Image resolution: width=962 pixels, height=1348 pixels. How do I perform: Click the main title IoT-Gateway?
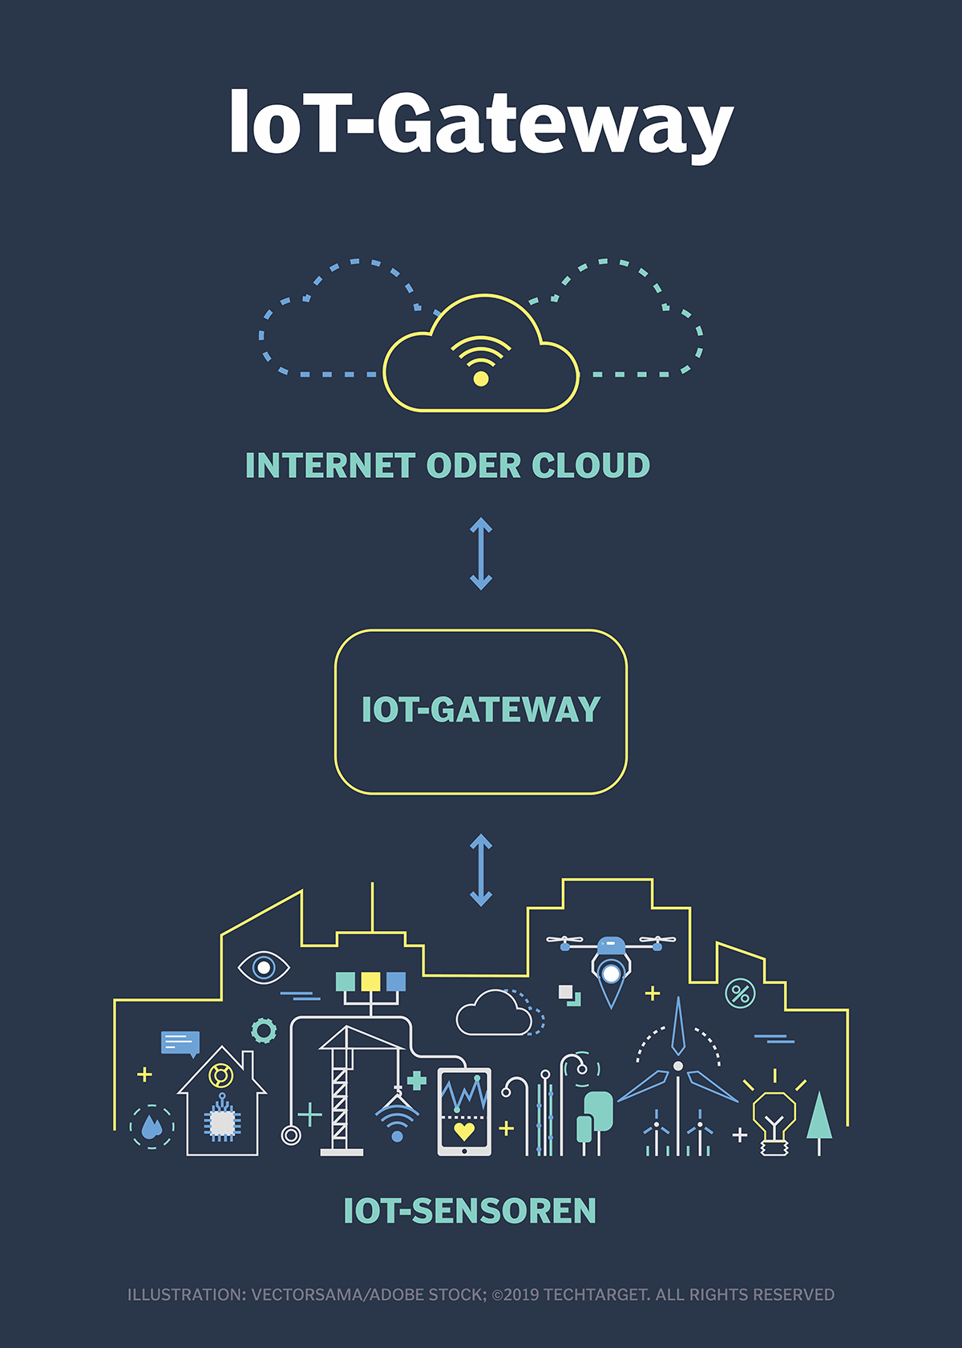[481, 124]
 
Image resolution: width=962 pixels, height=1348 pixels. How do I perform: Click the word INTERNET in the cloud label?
[329, 466]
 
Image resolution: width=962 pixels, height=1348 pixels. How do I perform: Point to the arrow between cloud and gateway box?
[480, 553]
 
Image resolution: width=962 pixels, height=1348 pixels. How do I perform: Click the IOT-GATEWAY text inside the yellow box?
[480, 710]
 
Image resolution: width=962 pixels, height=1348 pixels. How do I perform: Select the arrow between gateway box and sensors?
[480, 870]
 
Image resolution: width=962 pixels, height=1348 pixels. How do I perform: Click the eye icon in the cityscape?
[264, 968]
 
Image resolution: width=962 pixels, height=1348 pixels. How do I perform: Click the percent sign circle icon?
[740, 994]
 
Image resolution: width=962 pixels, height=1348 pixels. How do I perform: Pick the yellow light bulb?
[774, 1119]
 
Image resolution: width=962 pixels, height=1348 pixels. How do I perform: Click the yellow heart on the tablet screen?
[464, 1131]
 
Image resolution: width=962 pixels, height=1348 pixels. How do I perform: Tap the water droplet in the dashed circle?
[152, 1127]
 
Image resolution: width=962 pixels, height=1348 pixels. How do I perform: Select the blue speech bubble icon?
[180, 1042]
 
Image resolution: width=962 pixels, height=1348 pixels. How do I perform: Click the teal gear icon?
[264, 1030]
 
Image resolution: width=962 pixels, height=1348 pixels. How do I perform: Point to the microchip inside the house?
[222, 1123]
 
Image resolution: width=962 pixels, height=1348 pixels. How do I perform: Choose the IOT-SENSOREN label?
[470, 1211]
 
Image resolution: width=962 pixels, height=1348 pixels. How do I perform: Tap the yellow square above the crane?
[370, 982]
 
